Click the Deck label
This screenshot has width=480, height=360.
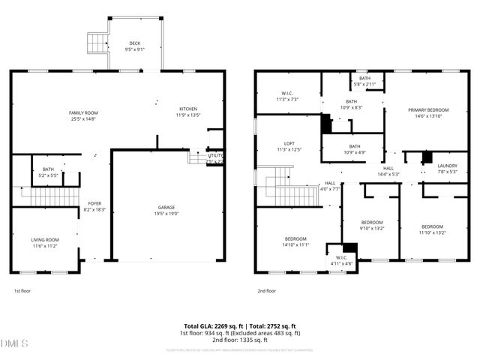pyautogui.click(x=135, y=46)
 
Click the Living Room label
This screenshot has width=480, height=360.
pyautogui.click(x=45, y=242)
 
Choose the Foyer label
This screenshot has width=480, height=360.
pyautogui.click(x=94, y=206)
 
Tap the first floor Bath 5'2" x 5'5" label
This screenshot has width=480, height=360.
pyautogui.click(x=48, y=172)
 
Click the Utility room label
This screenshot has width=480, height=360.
pyautogui.click(x=215, y=157)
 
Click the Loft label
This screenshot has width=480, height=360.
pyautogui.click(x=289, y=145)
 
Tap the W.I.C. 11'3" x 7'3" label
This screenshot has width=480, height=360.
pyautogui.click(x=288, y=96)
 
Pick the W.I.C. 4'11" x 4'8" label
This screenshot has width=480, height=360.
pyautogui.click(x=341, y=260)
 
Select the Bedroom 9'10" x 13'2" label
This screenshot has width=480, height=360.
pyautogui.click(x=372, y=225)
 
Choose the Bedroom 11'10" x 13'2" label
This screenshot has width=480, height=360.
pyautogui.click(x=433, y=229)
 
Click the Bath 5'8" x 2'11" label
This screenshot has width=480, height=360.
pyautogui.click(x=364, y=81)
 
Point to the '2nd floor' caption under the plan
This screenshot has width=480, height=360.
pyautogui.click(x=268, y=290)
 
